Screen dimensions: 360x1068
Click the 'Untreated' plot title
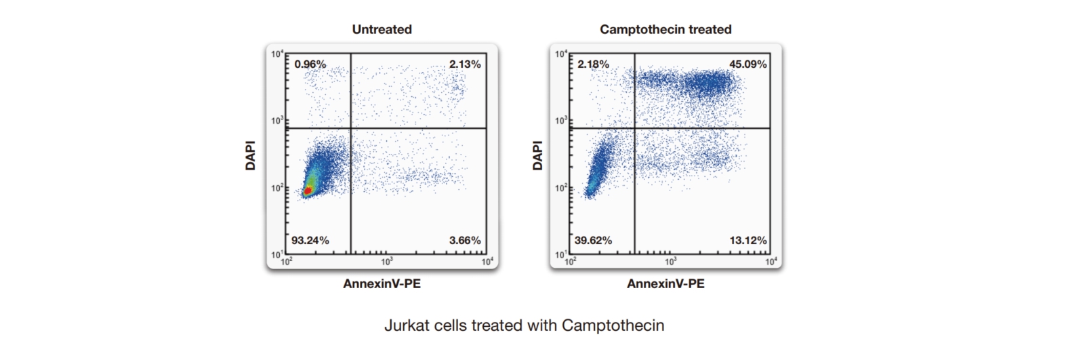point(382,29)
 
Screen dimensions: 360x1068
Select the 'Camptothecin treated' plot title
point(665,29)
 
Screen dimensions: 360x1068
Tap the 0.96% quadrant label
point(310,64)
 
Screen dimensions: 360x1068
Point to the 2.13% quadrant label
point(465,64)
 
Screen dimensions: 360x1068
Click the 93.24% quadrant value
point(310,240)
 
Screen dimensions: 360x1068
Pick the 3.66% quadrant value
point(465,240)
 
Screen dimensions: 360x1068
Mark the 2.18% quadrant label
point(593,64)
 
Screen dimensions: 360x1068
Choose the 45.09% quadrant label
point(748,64)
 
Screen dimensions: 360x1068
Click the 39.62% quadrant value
point(593,240)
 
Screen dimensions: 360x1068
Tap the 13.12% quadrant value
point(748,240)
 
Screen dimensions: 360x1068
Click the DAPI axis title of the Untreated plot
point(251,155)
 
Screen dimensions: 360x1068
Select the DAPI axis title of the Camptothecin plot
point(537,155)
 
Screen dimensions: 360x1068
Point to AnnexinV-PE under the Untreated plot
point(382,283)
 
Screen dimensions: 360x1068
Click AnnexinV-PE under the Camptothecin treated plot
point(665,283)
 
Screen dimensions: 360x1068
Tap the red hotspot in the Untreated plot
point(308,191)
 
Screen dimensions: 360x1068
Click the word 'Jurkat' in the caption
point(403,325)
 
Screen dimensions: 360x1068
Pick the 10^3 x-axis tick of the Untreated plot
point(386,262)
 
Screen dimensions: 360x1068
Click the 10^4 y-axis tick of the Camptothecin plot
point(561,54)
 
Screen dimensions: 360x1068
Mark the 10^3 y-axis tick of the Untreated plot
point(278,121)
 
